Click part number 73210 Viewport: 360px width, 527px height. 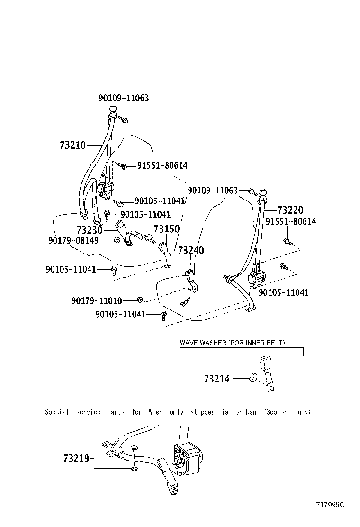(73, 145)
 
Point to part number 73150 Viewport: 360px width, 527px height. (167, 229)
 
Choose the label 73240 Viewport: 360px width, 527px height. (191, 250)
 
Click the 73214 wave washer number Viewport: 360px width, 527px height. (216, 379)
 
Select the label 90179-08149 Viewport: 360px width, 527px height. (73, 241)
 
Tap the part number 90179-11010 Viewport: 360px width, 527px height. (97, 300)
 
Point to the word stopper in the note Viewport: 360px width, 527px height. (202, 412)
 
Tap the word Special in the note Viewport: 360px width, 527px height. (56, 412)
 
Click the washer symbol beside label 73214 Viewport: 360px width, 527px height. (253, 378)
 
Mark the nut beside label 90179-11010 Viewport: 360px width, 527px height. (139, 299)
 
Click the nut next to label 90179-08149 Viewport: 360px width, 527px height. (117, 241)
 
